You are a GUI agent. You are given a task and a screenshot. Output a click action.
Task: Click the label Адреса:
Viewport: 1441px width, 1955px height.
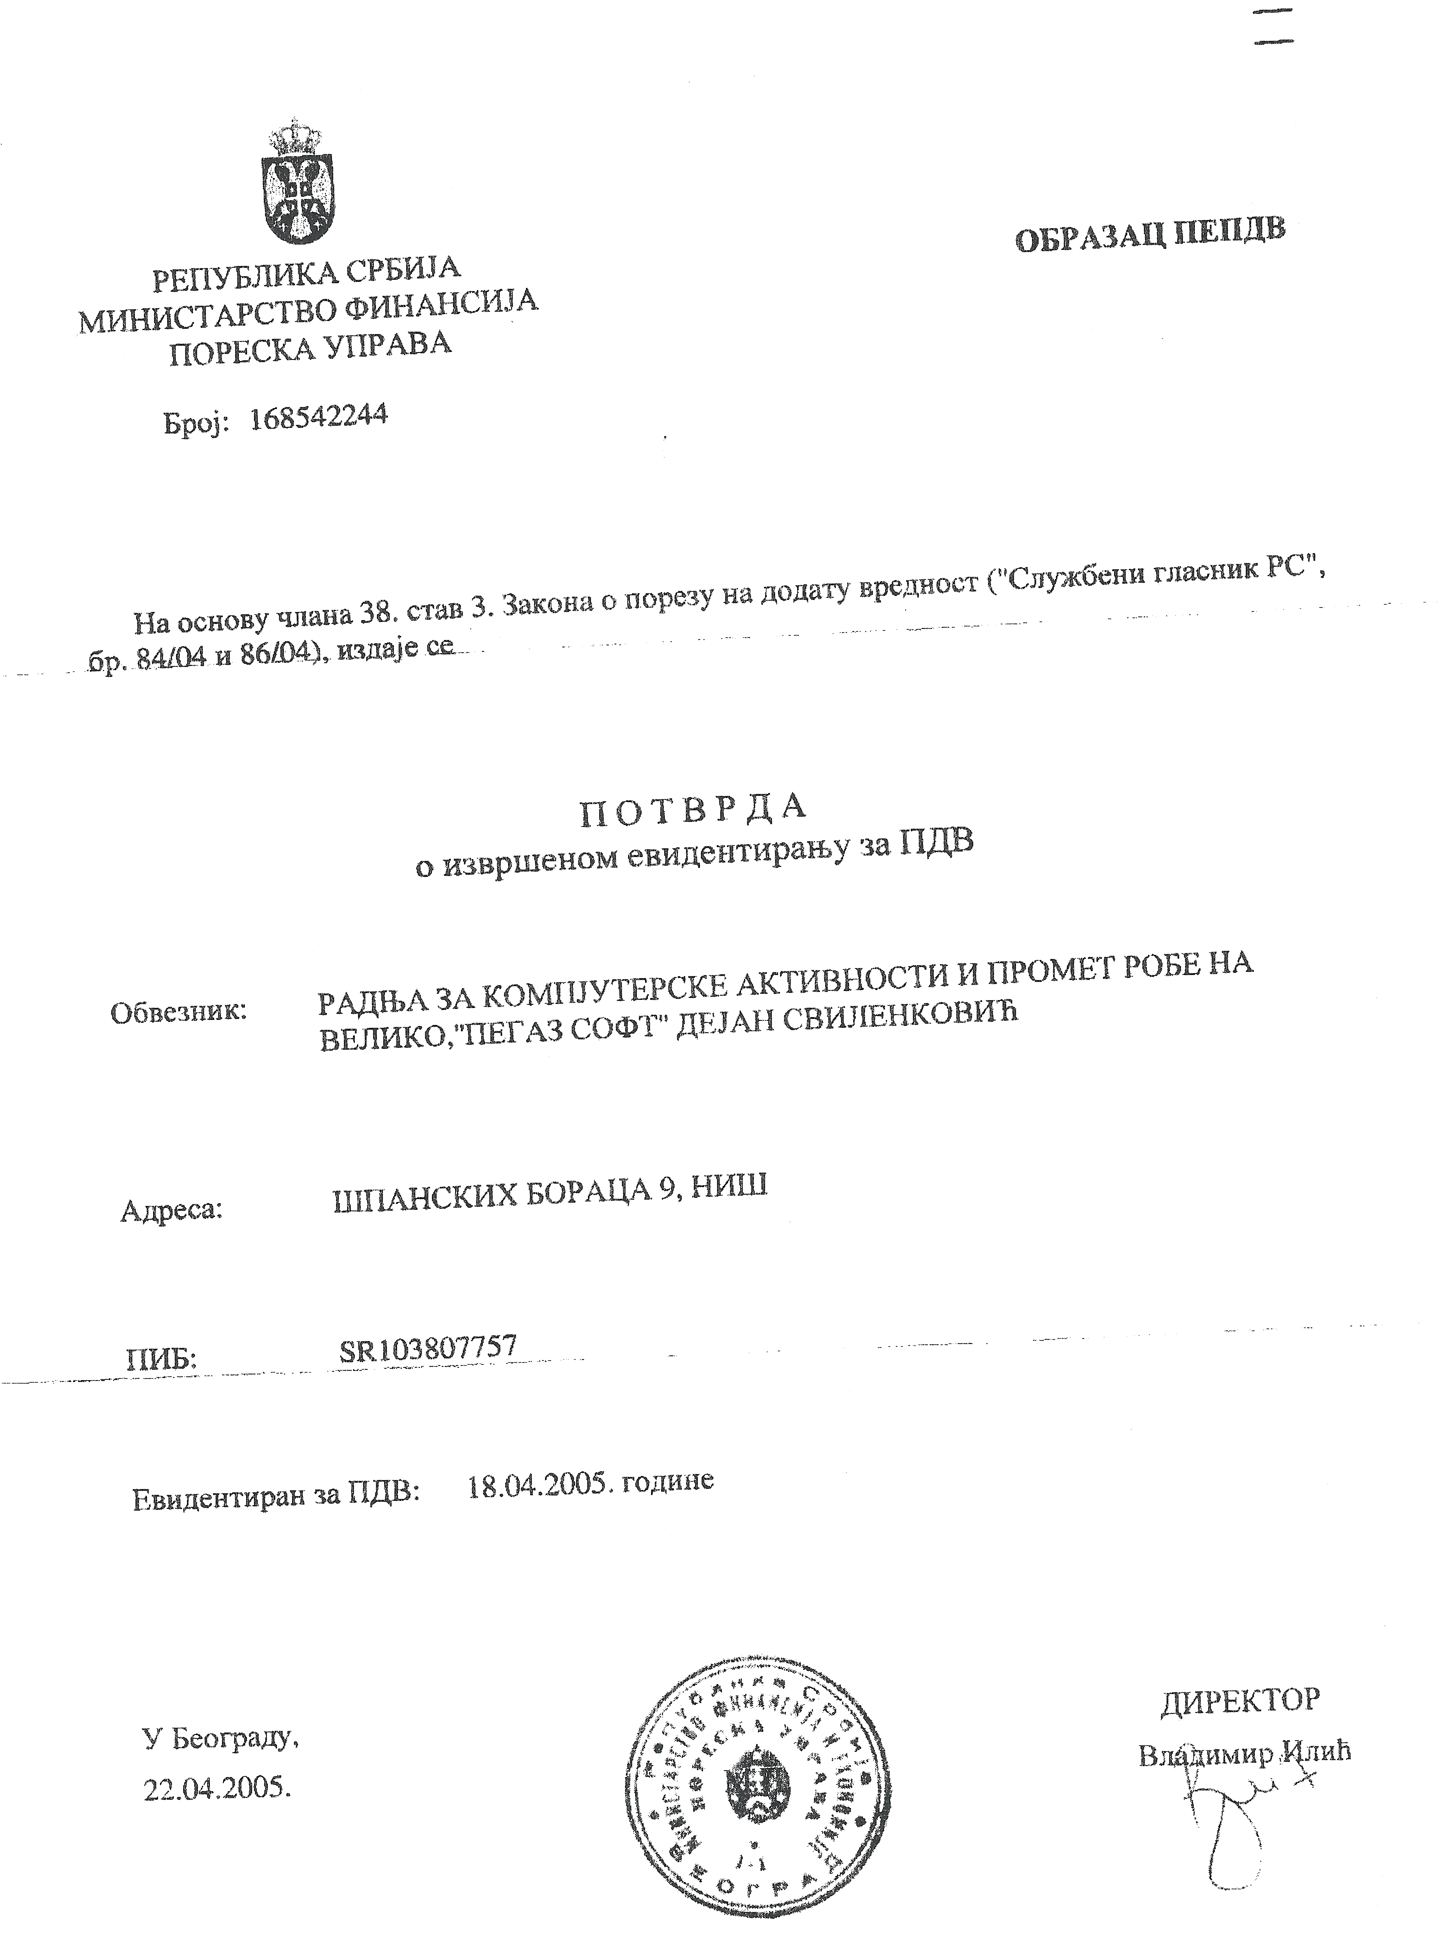tap(172, 1210)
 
